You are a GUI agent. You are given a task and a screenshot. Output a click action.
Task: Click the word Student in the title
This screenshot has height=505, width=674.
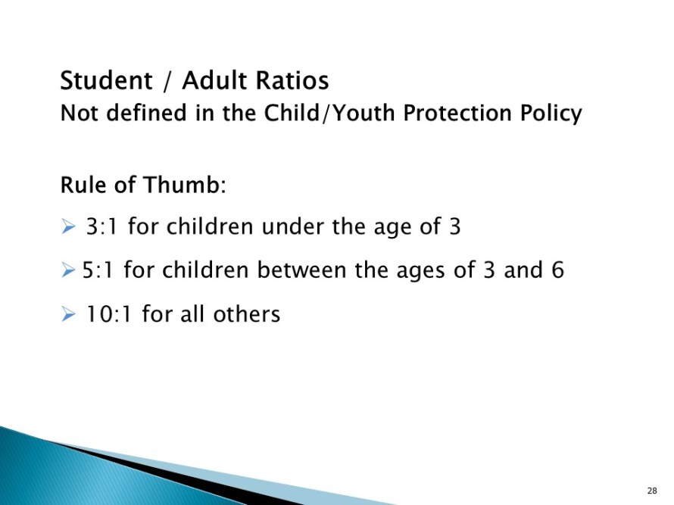[106, 80]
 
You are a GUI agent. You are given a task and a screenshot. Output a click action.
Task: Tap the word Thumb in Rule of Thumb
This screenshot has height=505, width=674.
[183, 185]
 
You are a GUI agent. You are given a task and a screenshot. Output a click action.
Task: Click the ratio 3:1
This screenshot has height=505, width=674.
[101, 226]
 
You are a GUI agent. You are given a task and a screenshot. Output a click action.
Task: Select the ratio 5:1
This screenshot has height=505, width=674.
[97, 270]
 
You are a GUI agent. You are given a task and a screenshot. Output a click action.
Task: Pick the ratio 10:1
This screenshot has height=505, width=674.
[108, 313]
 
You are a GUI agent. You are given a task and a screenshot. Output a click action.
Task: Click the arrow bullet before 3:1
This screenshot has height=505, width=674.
[68, 226]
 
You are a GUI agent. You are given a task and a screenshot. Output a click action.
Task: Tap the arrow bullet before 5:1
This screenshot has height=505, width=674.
[68, 270]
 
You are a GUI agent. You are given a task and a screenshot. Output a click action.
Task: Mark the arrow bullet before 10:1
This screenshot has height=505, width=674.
[68, 313]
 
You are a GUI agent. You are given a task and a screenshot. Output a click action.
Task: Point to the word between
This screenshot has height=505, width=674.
[301, 270]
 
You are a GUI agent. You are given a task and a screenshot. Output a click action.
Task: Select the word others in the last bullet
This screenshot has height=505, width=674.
[247, 313]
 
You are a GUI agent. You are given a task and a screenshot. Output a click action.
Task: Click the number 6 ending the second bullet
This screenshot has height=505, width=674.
[557, 270]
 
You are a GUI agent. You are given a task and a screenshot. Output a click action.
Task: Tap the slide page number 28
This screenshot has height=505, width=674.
[652, 491]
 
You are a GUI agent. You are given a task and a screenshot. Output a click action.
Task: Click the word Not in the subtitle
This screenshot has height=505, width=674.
[80, 114]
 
